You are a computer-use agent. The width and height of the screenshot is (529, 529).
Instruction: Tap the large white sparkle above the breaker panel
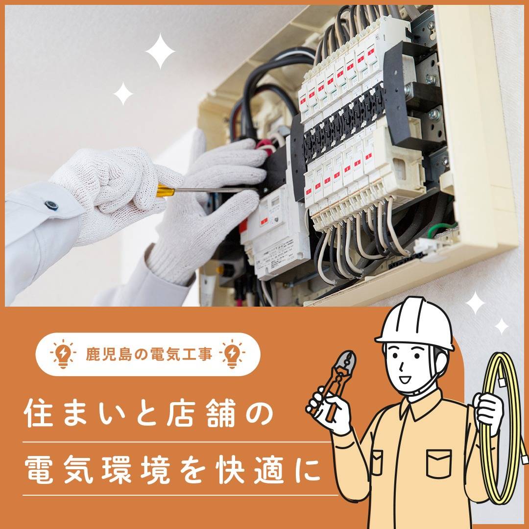160,51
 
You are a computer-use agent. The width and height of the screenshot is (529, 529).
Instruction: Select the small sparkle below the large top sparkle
123,94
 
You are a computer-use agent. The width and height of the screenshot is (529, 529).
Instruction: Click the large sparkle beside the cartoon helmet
475,304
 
